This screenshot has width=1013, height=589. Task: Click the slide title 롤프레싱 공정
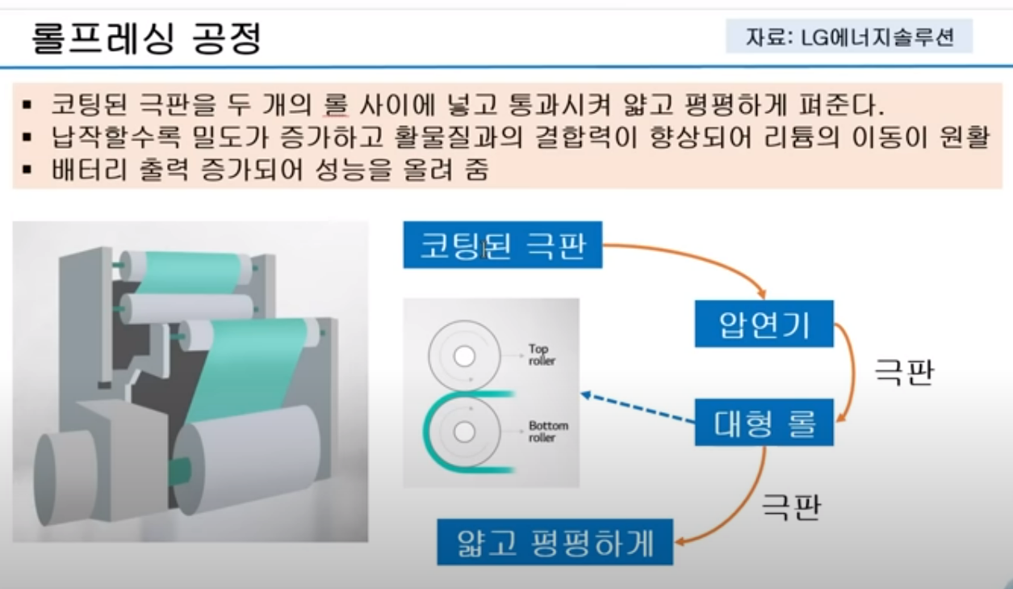[147, 38]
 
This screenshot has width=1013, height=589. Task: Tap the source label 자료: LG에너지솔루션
[849, 36]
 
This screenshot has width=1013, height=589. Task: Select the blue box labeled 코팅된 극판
[503, 245]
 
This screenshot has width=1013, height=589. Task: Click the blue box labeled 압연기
[764, 324]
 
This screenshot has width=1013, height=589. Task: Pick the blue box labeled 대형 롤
[764, 423]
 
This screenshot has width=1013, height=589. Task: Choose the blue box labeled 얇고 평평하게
[555, 542]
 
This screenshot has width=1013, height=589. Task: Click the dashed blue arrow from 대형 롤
[638, 408]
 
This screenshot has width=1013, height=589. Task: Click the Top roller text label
[542, 355]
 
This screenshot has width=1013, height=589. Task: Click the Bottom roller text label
[548, 431]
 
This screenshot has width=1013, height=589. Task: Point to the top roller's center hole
[464, 356]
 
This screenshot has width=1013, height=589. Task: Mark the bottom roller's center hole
[464, 431]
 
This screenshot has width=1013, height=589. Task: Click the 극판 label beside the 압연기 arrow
[904, 372]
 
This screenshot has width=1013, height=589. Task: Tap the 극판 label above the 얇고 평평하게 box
[791, 507]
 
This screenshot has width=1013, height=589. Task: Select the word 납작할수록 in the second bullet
[115, 137]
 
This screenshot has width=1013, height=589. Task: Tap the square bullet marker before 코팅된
[27, 105]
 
